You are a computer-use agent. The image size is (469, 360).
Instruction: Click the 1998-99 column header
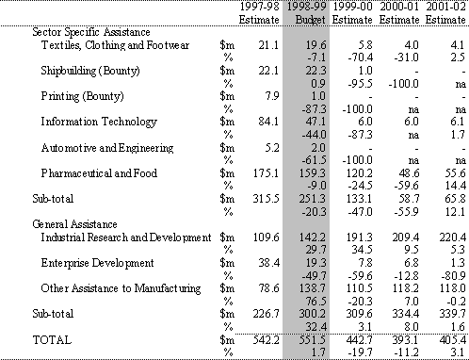coord(306,7)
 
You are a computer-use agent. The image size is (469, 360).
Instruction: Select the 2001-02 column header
coord(445,7)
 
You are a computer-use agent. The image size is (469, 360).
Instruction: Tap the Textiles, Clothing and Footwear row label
coord(115,45)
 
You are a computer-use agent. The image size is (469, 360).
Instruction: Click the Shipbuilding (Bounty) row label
coord(90,71)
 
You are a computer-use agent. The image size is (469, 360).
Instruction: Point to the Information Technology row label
coord(99,123)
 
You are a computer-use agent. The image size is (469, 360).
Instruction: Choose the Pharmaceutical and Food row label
coord(99,173)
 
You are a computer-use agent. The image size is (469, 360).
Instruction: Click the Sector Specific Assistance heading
coord(91,32)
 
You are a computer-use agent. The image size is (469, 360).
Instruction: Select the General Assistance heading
coord(74,224)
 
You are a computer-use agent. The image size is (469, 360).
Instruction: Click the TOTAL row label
coord(52,340)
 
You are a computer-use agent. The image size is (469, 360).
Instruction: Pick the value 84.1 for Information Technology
coord(268,122)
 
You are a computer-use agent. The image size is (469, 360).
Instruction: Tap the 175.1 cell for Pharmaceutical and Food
coord(266,173)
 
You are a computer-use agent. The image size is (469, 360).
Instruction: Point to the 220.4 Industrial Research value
coord(452,237)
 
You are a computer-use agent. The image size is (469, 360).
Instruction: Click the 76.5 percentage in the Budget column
coord(315,302)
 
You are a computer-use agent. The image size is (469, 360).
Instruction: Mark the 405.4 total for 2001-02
coord(452,340)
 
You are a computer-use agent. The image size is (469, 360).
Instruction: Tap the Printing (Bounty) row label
coord(82,96)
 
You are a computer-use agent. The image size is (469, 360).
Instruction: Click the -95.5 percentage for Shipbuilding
coord(361,84)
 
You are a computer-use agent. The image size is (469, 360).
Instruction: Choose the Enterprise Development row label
coord(97,263)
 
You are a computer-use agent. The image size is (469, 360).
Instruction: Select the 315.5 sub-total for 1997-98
coord(266,199)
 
